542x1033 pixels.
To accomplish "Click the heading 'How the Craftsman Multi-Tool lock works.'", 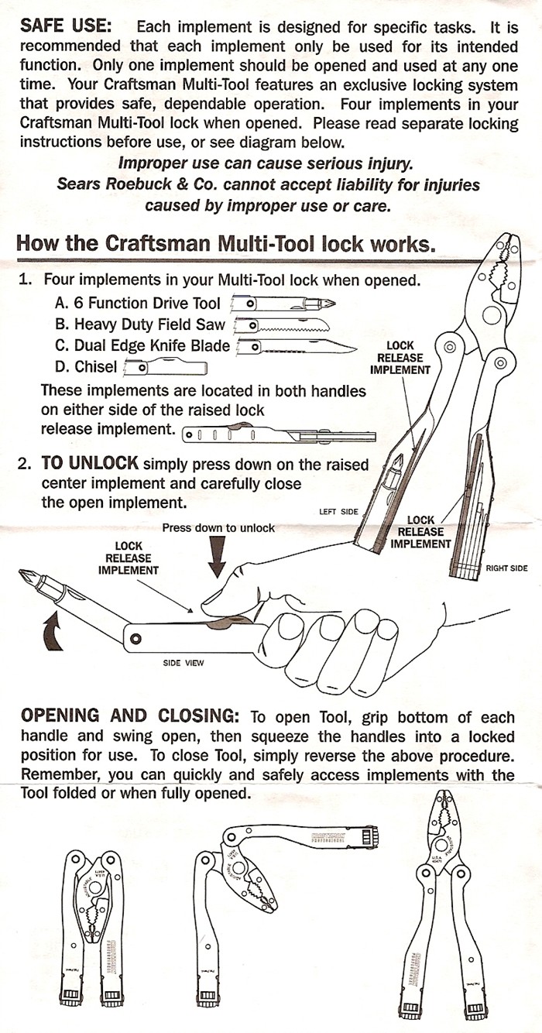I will pyautogui.click(x=223, y=243).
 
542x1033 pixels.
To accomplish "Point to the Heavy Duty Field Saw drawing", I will pyautogui.click(x=283, y=324).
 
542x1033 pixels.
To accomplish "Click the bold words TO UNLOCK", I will pyautogui.click(x=89, y=464).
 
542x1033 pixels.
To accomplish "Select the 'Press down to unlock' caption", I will pyautogui.click(x=218, y=528).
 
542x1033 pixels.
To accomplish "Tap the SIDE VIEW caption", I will pyautogui.click(x=183, y=663).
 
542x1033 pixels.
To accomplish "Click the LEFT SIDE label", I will pyautogui.click(x=338, y=512).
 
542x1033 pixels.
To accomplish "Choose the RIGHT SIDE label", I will pyautogui.click(x=506, y=568).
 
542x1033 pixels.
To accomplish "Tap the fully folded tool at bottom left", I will pyautogui.click(x=92, y=925).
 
